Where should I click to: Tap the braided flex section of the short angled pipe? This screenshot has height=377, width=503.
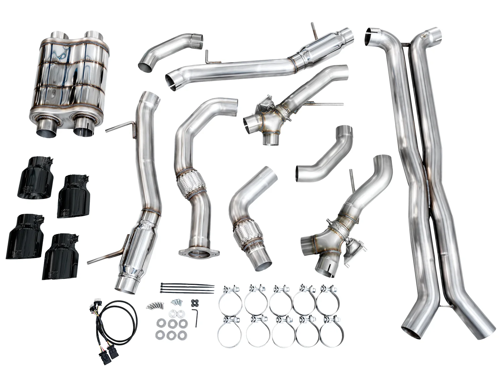tap(242, 233)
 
